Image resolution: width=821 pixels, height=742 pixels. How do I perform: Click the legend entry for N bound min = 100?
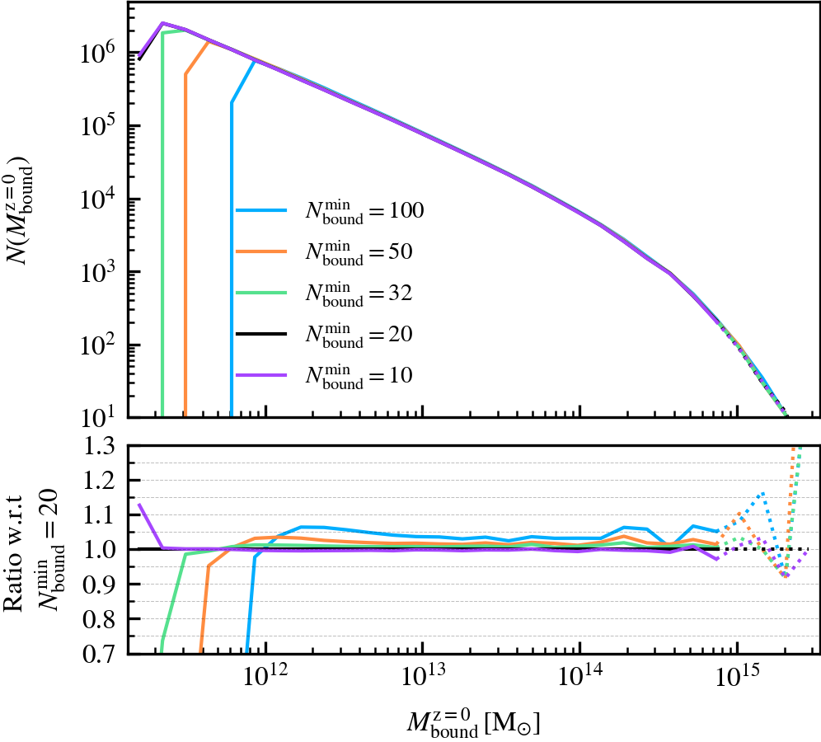[x=330, y=212]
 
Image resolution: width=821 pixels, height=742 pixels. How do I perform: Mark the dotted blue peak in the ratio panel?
[x=762, y=493]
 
